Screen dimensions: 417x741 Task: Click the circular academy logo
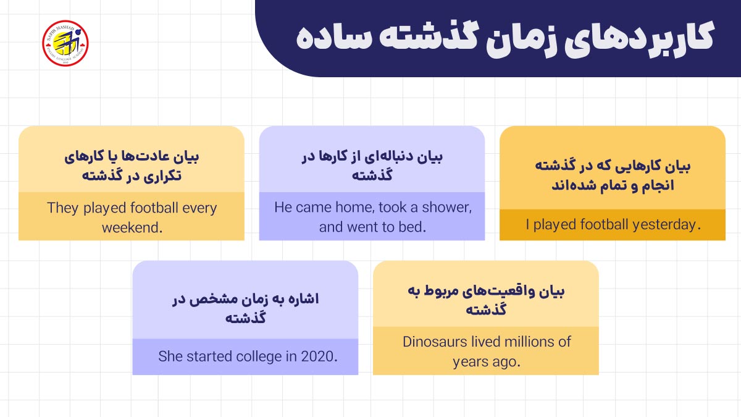(x=65, y=43)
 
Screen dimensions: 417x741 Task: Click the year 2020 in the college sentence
(x=319, y=356)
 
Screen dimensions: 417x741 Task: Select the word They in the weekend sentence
(x=62, y=208)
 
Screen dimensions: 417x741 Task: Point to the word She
(x=170, y=356)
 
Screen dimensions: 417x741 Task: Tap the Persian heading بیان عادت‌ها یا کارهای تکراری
(x=132, y=166)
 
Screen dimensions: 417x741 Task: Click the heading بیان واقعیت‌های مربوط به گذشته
(x=486, y=300)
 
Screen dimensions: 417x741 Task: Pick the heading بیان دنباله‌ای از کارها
(x=372, y=166)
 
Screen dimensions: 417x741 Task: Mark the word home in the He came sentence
(x=354, y=208)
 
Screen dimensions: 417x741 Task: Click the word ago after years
(x=506, y=361)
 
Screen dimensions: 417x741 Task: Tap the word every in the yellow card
(x=199, y=208)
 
